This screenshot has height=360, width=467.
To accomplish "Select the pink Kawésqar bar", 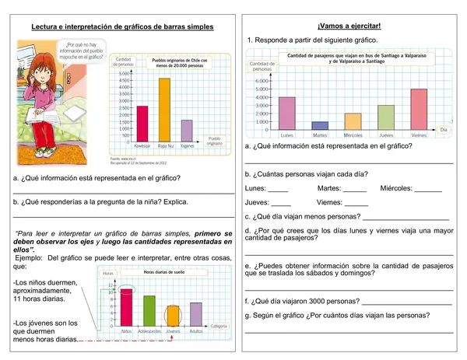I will pos(142,121).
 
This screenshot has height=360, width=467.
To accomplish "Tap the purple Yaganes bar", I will pos(187,128).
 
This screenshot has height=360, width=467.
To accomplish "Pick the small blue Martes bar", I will pos(320,124).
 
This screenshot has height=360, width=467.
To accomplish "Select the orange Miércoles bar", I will pos(353,121).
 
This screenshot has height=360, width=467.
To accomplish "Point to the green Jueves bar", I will pos(386,117).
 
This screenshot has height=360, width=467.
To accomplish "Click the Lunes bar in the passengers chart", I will pos(287,113).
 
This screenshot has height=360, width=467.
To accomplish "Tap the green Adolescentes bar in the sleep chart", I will pos(149,309).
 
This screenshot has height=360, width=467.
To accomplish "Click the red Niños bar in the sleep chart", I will pos(126,305).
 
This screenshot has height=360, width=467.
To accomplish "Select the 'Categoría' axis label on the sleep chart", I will pos(219,326).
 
